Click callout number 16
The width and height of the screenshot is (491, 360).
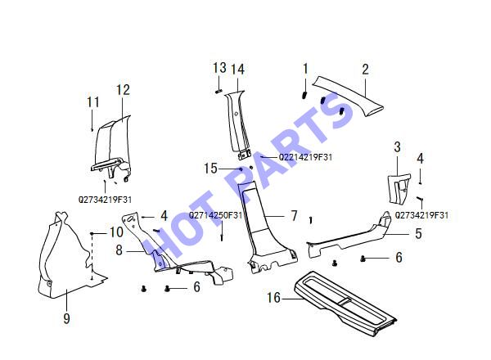pyautogui.click(x=273, y=297)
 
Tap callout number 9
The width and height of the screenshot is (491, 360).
pyautogui.click(x=66, y=318)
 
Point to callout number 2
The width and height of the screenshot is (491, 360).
pyautogui.click(x=365, y=70)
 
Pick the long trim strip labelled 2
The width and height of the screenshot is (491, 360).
pyautogui.click(x=348, y=96)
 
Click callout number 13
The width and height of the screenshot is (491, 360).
pyautogui.click(x=219, y=68)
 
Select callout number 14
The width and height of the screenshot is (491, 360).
pyautogui.click(x=237, y=70)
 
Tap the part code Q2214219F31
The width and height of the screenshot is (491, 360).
pyautogui.click(x=305, y=157)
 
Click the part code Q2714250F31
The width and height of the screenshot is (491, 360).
pyautogui.click(x=216, y=215)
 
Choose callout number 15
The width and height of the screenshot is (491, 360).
pyautogui.click(x=210, y=169)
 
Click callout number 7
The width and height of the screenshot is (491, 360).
pyautogui.click(x=294, y=216)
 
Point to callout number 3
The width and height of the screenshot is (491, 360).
pyautogui.click(x=397, y=146)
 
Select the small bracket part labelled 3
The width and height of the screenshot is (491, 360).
pyautogui.click(x=399, y=188)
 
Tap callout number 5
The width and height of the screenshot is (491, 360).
pyautogui.click(x=418, y=233)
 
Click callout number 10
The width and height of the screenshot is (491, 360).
pyautogui.click(x=116, y=232)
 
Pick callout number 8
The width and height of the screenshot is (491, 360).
pyautogui.click(x=119, y=250)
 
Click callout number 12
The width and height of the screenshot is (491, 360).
pyautogui.click(x=123, y=90)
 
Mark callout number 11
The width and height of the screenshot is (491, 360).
pyautogui.click(x=93, y=102)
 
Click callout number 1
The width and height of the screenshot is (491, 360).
pyautogui.click(x=305, y=69)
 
